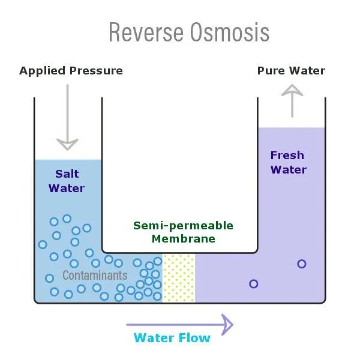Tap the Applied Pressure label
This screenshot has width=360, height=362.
coord(71,71)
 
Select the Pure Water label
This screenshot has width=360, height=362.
coord(291,71)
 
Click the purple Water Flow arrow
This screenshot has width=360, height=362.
coord(179,324)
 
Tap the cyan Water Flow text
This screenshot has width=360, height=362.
coord(172,338)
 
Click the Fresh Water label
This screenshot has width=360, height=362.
coord(288,163)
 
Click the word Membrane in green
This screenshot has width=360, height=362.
coord(183,239)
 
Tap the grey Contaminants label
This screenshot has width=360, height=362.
coord(95,276)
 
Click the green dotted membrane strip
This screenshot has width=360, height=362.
coord(179,277)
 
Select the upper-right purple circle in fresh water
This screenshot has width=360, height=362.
coord(302,264)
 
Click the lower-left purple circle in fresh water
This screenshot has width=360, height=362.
coord(254,284)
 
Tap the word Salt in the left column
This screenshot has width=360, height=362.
coord(67,175)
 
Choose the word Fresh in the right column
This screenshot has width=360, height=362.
coord(287,156)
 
